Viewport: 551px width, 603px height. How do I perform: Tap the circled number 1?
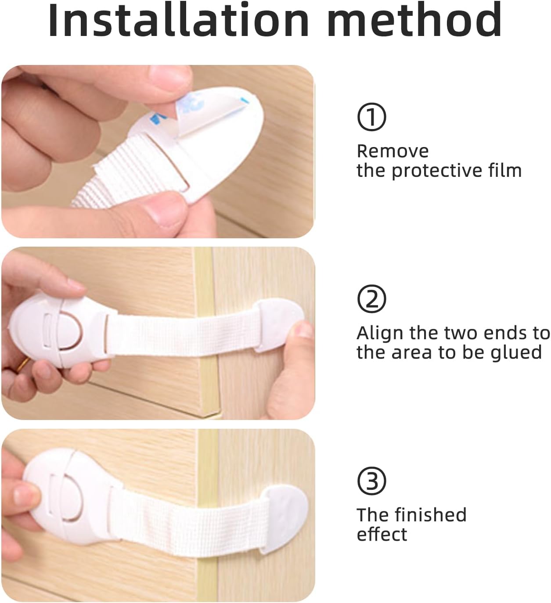[371, 117]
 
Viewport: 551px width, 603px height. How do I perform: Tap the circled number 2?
[371, 299]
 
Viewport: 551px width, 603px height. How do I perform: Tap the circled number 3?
[371, 481]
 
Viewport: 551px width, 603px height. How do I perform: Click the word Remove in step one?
[393, 151]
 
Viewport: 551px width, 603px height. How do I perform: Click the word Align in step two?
[381, 333]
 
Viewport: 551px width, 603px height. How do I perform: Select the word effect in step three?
[382, 534]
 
